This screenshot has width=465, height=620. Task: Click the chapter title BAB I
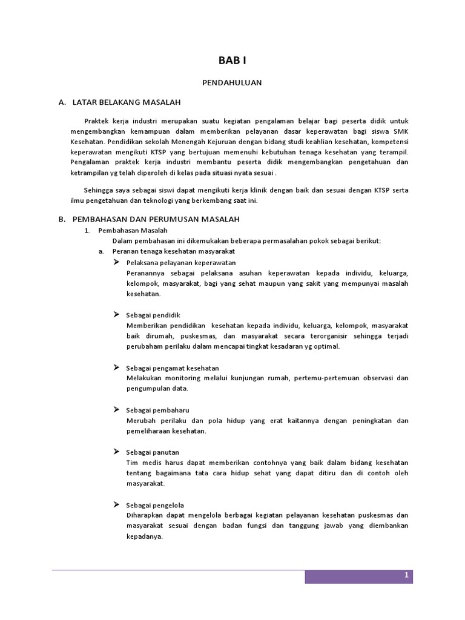pyautogui.click(x=232, y=61)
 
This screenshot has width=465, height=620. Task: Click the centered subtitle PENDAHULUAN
pyautogui.click(x=232, y=83)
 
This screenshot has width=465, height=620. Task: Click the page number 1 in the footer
pyautogui.click(x=407, y=576)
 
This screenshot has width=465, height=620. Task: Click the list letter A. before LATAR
pyautogui.click(x=62, y=103)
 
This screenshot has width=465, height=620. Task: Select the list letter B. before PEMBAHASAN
pyautogui.click(x=62, y=219)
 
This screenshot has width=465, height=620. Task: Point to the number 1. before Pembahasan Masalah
pyautogui.click(x=87, y=231)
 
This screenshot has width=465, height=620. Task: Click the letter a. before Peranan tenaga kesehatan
pyautogui.click(x=102, y=251)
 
